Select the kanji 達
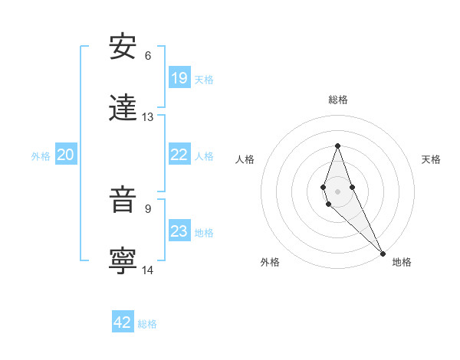123,109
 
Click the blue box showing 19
179,77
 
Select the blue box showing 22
179,154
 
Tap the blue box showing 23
179,231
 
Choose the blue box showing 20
66,155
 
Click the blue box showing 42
123,322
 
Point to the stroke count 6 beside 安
148,55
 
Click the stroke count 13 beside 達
148,117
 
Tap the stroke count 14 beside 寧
148,270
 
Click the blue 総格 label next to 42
147,324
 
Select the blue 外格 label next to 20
41,155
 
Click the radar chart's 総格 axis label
337,100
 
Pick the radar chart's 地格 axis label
402,262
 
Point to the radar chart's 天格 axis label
431,159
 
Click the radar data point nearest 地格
383,253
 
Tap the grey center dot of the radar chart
337,191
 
